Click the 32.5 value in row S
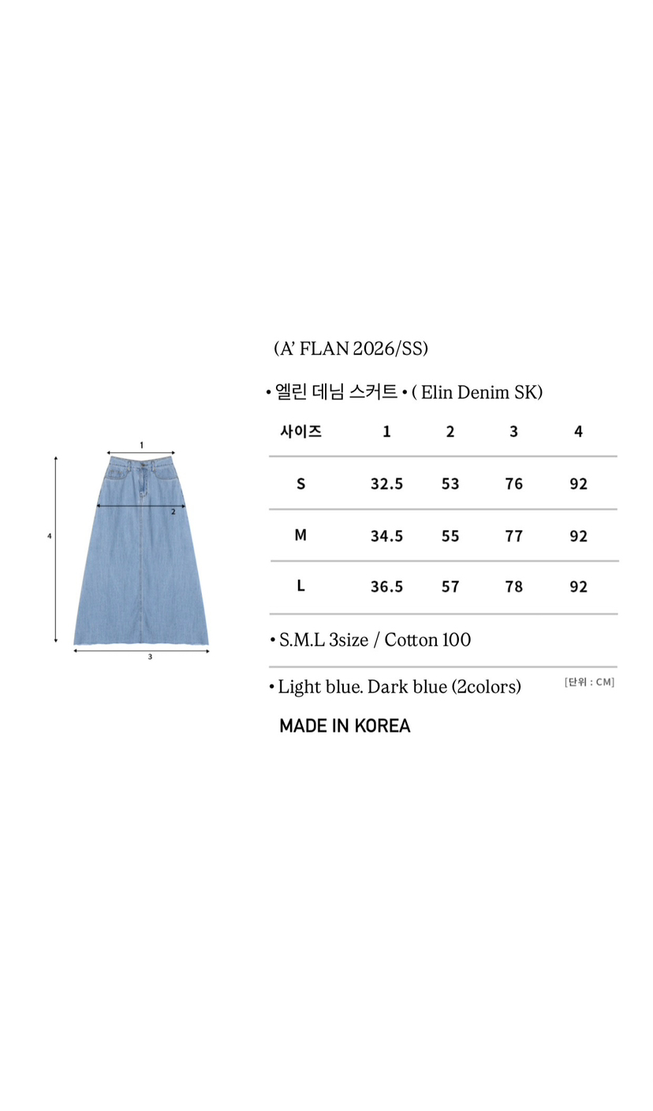click(386, 484)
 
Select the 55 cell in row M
click(450, 536)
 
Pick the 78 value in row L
click(513, 587)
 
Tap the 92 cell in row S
click(578, 484)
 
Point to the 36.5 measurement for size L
click(386, 587)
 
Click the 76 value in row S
click(513, 484)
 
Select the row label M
click(300, 535)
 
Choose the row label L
click(300, 586)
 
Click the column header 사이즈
click(301, 431)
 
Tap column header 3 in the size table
click(513, 432)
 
